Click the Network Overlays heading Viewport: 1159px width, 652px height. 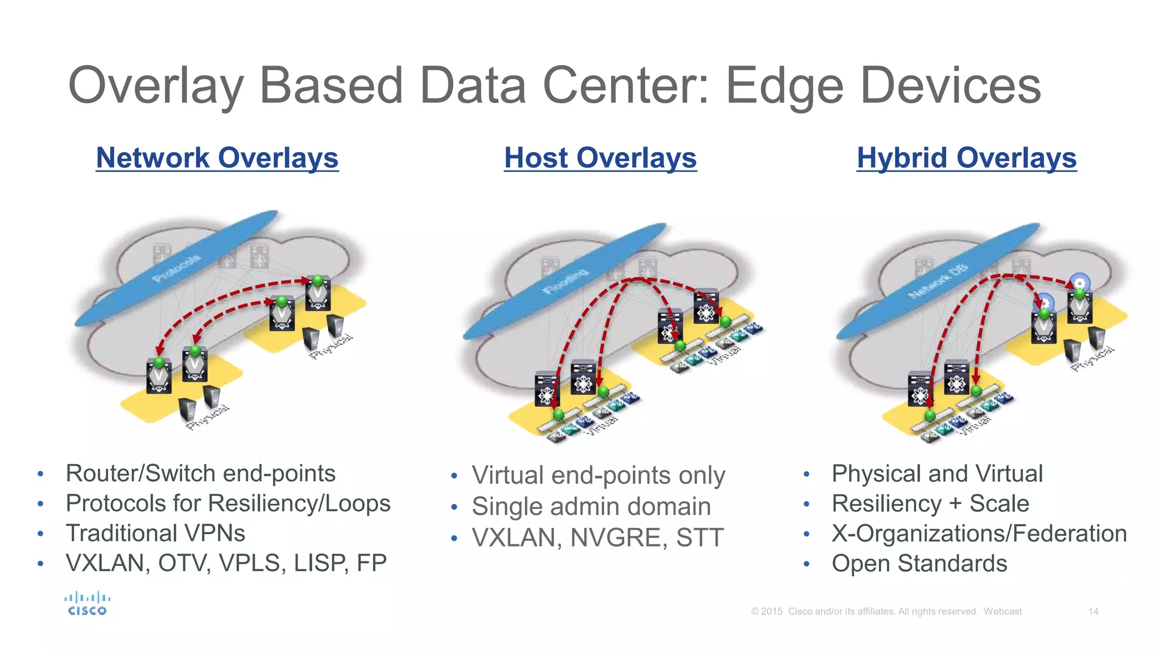click(x=217, y=158)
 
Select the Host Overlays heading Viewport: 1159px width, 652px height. click(x=600, y=158)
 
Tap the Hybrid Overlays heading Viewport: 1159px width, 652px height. click(x=966, y=158)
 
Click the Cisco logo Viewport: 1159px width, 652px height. click(x=87, y=603)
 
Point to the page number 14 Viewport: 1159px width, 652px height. click(x=1093, y=611)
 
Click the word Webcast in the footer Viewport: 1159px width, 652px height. click(x=1002, y=611)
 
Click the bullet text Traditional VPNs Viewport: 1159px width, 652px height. click(x=155, y=533)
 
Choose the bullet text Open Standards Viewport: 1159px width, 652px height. click(x=919, y=564)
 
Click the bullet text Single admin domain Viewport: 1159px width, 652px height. click(x=591, y=507)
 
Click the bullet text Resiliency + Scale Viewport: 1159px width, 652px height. click(x=930, y=504)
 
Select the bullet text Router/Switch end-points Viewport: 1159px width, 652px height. click(x=200, y=473)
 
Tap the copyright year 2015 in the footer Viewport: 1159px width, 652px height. click(x=771, y=611)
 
